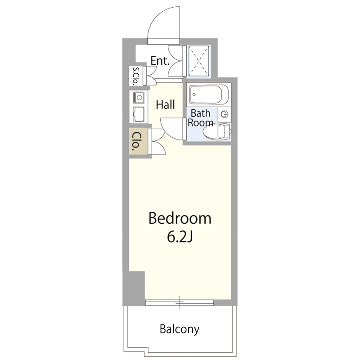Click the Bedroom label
click(180, 218)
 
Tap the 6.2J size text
click(180, 237)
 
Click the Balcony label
click(180, 329)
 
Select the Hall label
click(165, 104)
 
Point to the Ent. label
click(160, 61)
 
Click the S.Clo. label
click(136, 76)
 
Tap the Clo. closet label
click(136, 140)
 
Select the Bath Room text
click(200, 118)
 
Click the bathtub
click(209, 94)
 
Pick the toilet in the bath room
click(217, 132)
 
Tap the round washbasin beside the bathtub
click(225, 114)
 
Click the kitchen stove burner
click(139, 98)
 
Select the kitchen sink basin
click(139, 115)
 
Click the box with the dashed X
click(199, 61)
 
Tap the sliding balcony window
click(180, 302)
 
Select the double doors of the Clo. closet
click(157, 141)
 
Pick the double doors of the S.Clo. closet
click(150, 76)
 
